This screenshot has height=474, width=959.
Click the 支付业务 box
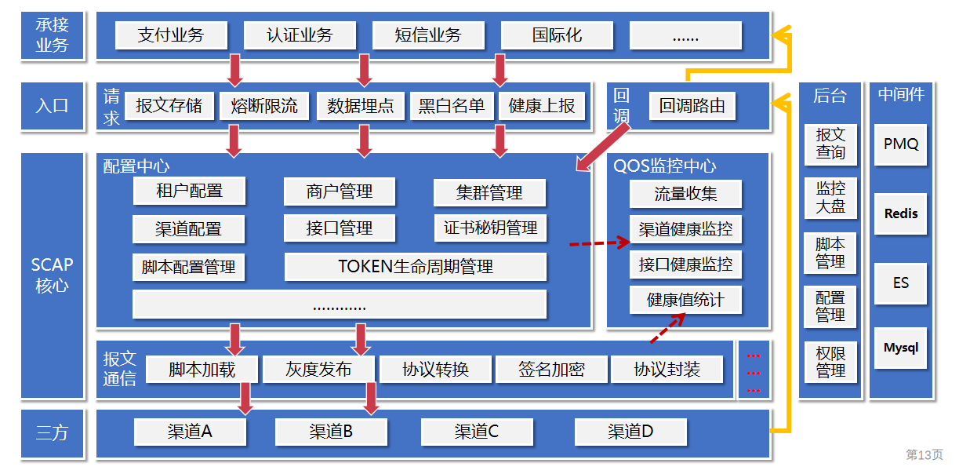(x=171, y=35)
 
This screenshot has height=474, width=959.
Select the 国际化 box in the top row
(x=557, y=35)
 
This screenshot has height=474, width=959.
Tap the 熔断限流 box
(x=264, y=106)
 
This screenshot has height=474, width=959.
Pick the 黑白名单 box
(x=452, y=106)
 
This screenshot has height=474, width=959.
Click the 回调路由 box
(x=692, y=106)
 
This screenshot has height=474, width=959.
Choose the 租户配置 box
(x=189, y=191)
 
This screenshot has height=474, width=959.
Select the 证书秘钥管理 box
(x=490, y=228)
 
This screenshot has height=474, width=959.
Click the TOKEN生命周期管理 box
(x=416, y=267)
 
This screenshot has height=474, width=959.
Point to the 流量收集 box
(x=685, y=194)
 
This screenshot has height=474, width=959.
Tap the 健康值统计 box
(x=685, y=300)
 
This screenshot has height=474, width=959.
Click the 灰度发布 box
(x=318, y=369)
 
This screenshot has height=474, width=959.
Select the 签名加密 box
(x=551, y=369)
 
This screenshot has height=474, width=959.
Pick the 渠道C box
(x=477, y=432)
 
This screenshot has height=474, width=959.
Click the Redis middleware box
(x=900, y=213)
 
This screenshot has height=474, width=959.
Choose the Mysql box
(x=900, y=348)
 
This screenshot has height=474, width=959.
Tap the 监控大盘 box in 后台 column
(x=830, y=198)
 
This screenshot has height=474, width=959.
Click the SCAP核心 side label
(x=53, y=275)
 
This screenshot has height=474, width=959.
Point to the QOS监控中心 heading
(x=664, y=166)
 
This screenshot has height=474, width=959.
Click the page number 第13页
(x=924, y=454)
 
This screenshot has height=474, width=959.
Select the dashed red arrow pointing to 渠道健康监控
(x=599, y=243)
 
